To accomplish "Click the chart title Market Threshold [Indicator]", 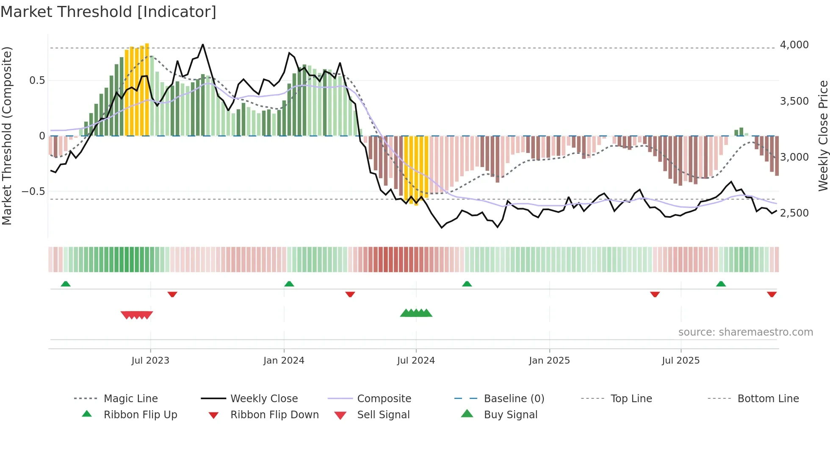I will [x=108, y=12].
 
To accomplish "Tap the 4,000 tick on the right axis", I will [x=794, y=45].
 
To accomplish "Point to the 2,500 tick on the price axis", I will [x=794, y=213].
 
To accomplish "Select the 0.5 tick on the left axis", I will [x=37, y=81].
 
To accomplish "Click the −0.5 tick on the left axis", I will [x=33, y=192].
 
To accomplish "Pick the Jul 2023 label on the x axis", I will [x=150, y=361].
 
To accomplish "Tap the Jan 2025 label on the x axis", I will [x=549, y=361].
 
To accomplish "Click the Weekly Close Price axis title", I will [x=823, y=136].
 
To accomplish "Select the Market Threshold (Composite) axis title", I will [x=7, y=136].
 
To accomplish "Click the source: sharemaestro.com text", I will [x=745, y=332].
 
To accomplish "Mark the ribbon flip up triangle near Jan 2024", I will [x=289, y=284].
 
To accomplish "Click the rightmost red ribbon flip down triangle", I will [x=772, y=294].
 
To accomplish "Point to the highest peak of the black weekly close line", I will [x=203, y=44].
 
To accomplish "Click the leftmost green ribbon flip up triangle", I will [x=66, y=284].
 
